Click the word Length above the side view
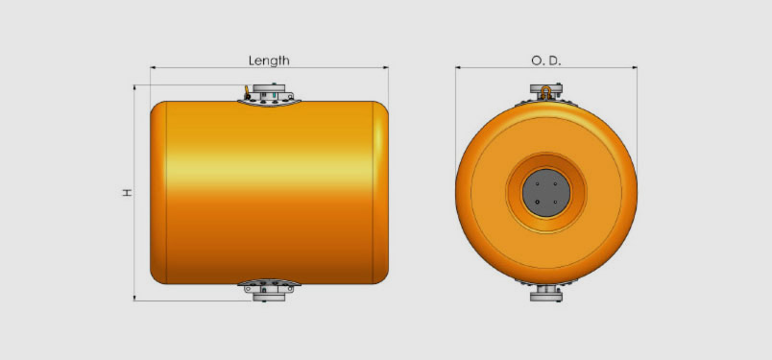tap(269, 60)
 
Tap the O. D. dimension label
tap(546, 60)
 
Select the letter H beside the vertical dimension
tap(128, 193)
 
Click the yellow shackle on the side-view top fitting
tap(247, 92)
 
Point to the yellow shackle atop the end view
tap(546, 92)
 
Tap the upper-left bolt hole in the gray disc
tap(538, 183)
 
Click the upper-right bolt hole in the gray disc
tap(555, 183)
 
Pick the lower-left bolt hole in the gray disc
tap(538, 202)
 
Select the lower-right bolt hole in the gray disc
tap(555, 202)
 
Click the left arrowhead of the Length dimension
tap(153, 67)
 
